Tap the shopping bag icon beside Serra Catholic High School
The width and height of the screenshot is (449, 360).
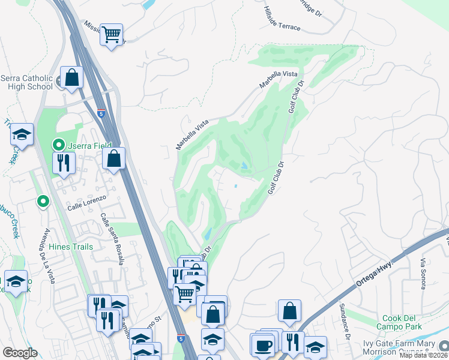72,78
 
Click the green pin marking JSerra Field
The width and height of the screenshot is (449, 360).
58,145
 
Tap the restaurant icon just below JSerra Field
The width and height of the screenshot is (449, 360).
63,162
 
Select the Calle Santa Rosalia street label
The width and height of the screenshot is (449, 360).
112,239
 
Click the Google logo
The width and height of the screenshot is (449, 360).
20,353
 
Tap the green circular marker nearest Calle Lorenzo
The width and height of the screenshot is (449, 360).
42,201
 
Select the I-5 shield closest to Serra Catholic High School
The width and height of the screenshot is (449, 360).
101,112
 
